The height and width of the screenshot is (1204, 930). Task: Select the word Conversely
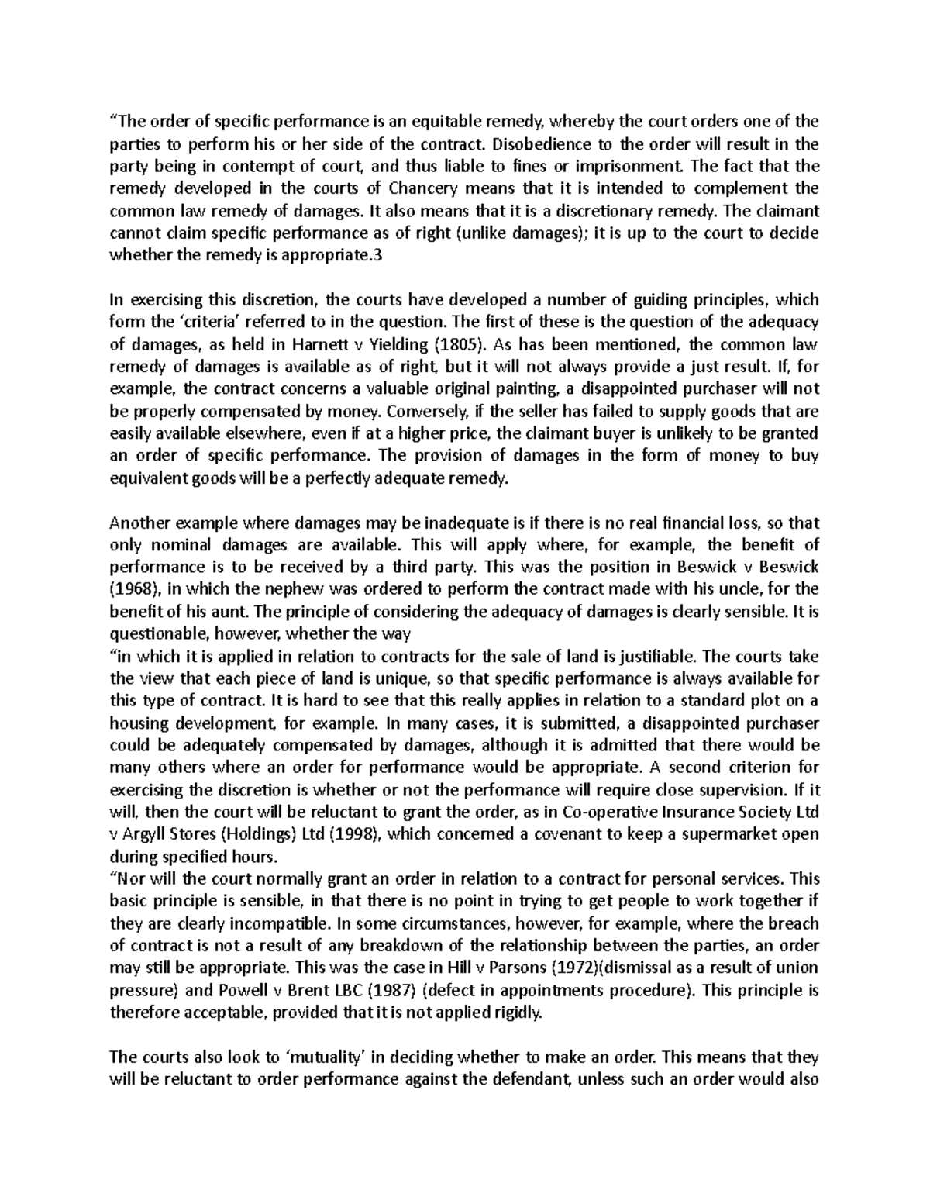[421, 411]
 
